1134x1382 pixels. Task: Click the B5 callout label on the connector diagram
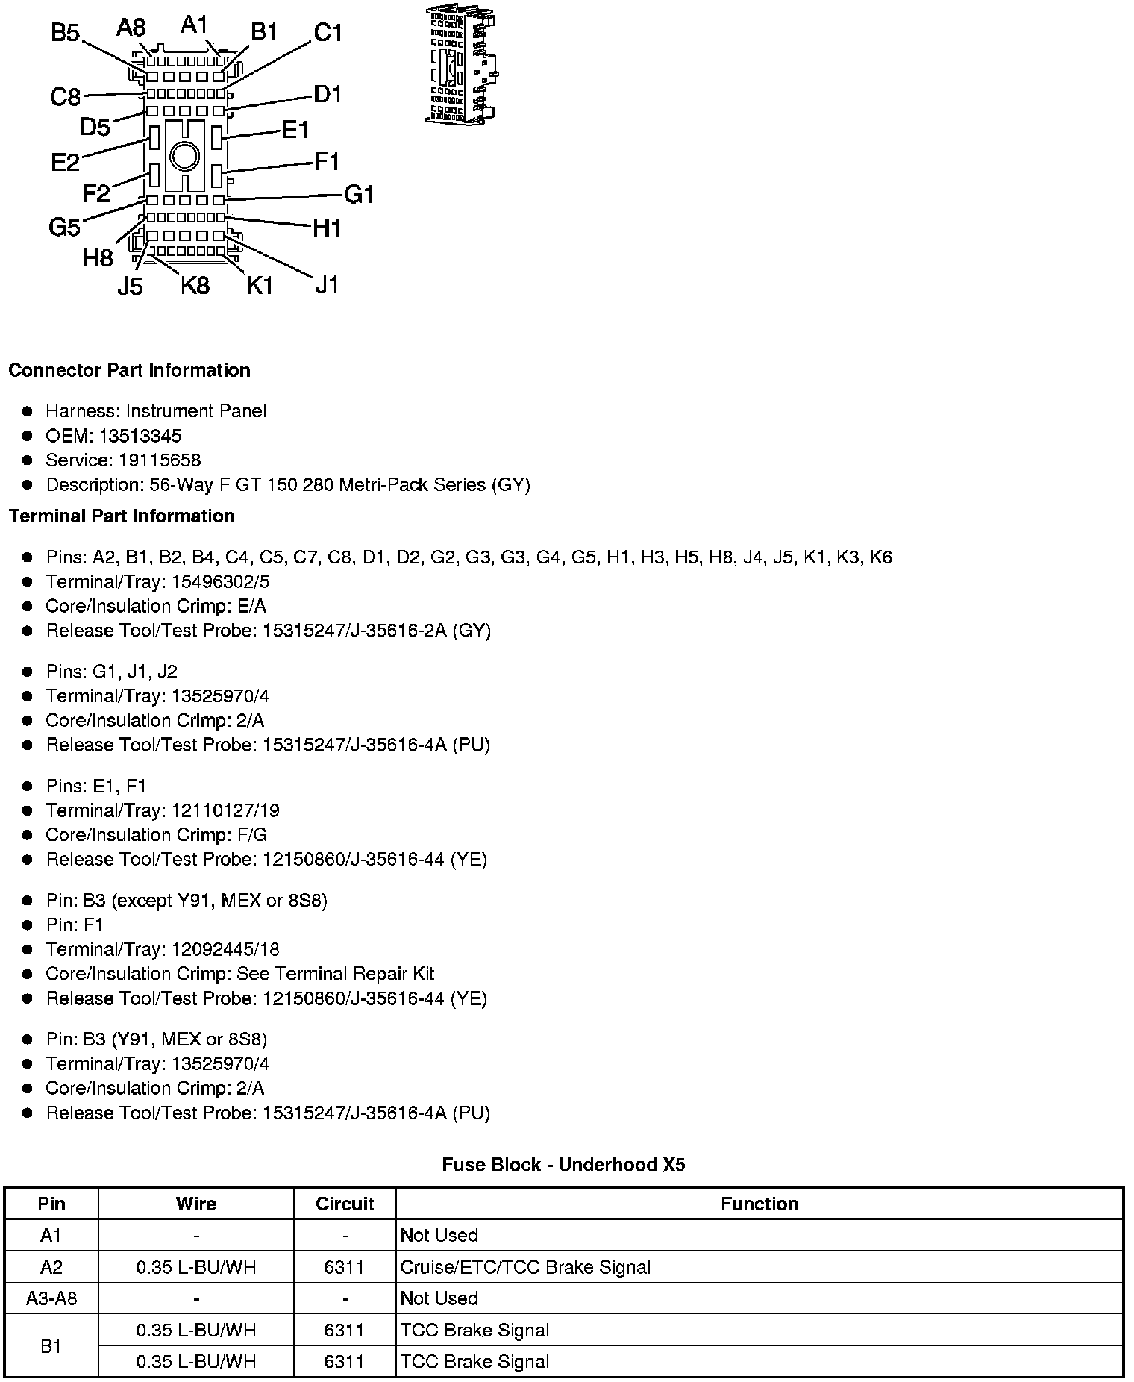click(x=65, y=34)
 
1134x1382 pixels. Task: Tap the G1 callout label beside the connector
click(x=358, y=195)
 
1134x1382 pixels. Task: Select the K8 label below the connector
click(x=195, y=285)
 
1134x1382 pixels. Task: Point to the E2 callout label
click(x=65, y=162)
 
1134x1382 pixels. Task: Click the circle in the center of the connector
click(x=184, y=156)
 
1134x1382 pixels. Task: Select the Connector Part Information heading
click(x=129, y=371)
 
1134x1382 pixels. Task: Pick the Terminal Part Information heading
click(x=122, y=516)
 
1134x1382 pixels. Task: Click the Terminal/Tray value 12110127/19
click(x=225, y=810)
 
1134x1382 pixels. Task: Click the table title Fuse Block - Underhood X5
click(x=563, y=1165)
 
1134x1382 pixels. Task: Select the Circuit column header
click(x=345, y=1204)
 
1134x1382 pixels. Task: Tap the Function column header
click(x=759, y=1204)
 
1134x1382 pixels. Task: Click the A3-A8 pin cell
click(x=51, y=1298)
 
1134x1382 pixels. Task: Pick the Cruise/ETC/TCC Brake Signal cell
click(x=525, y=1267)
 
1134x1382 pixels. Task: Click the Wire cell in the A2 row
click(x=196, y=1267)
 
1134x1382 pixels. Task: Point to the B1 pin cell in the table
click(x=51, y=1346)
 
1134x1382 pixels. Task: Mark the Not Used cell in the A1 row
click(x=439, y=1235)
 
